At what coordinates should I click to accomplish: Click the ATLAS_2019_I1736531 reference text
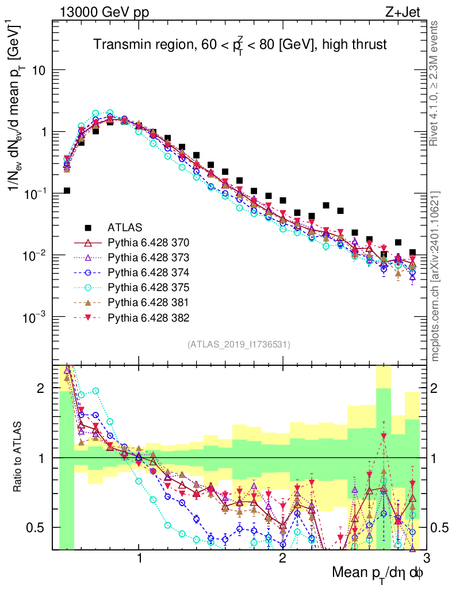coord(239,345)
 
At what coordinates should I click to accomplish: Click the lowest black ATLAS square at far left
coord(67,190)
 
